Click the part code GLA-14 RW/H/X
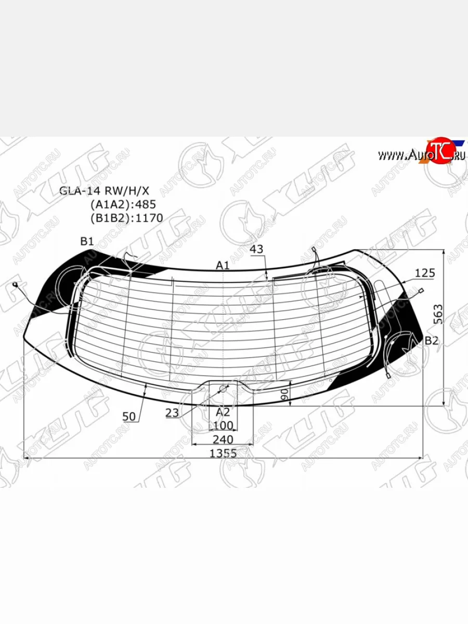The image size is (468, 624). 104,191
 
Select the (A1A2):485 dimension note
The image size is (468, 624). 123,204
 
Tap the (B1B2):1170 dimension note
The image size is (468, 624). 127,218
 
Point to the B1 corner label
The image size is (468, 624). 87,241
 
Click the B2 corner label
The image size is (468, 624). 432,341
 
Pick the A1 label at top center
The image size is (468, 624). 223,265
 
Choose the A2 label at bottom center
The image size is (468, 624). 223,412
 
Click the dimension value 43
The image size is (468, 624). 256,249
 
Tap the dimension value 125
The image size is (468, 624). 425,273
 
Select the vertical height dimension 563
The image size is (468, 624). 438,314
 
